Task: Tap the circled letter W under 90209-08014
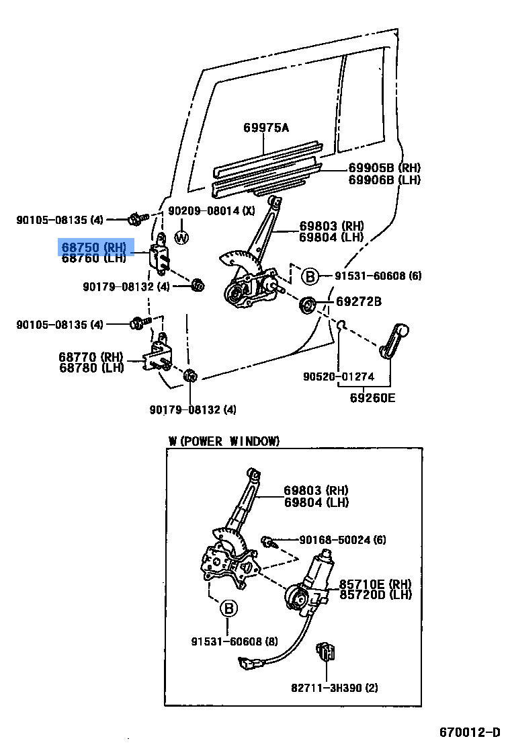182,237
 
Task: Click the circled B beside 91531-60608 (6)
310,276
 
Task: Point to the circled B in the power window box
228,609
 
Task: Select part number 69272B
359,303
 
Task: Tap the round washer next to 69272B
307,305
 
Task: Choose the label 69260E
372,397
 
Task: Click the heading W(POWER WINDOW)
224,441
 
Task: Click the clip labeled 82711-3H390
327,652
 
